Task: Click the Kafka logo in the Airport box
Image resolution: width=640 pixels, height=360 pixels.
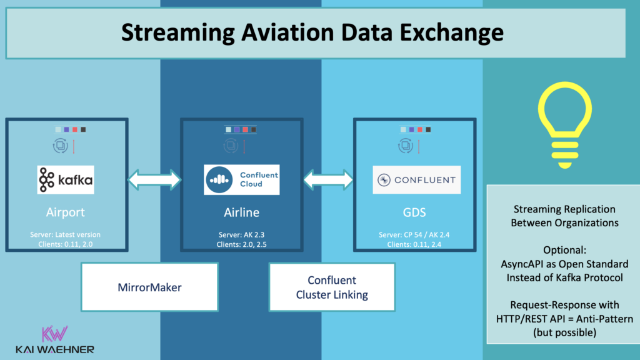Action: [66, 180]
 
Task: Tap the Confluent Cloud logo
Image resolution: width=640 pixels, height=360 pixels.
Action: [242, 180]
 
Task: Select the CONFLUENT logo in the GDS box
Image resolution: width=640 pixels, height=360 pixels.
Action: [416, 180]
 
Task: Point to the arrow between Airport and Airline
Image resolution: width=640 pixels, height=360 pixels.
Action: [154, 180]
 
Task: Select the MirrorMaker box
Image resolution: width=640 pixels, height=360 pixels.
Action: [150, 287]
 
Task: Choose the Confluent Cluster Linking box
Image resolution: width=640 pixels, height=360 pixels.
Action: [332, 287]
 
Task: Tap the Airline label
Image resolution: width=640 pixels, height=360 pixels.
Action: [242, 212]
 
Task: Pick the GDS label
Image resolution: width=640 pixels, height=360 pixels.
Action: [415, 212]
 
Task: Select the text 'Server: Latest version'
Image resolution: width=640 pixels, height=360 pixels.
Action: [66, 234]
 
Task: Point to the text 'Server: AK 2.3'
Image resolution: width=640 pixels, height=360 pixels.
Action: [242, 234]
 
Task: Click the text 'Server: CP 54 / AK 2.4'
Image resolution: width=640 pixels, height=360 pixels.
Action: [415, 234]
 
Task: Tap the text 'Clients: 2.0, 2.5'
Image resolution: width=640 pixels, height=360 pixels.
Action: [242, 244]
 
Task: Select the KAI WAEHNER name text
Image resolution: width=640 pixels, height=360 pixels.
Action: [54, 349]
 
